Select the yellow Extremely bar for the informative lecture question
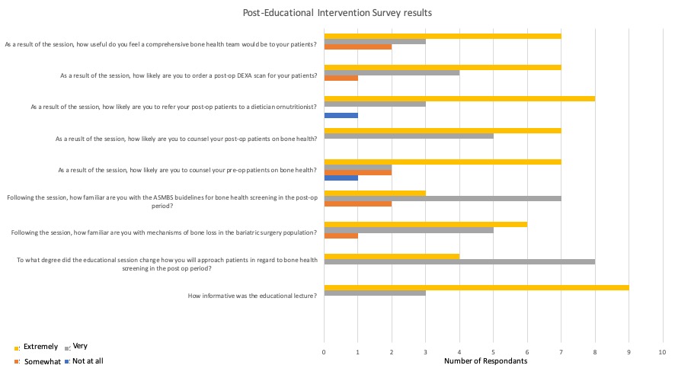pos(476,287)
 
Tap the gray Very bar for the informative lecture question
pos(375,293)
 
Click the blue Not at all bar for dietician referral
pos(341,115)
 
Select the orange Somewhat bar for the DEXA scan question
pos(341,78)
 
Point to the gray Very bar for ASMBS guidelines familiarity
pos(443,198)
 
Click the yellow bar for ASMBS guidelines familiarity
pos(375,193)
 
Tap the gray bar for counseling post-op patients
pos(408,136)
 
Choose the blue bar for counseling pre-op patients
pos(341,178)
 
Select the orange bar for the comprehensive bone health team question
pos(358,46)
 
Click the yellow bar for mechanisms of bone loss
pos(425,224)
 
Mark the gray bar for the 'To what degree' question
pos(459,261)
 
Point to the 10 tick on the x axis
pos(662,352)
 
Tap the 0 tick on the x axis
pos(324,352)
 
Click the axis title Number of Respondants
pos(485,360)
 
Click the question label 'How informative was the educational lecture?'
pos(252,296)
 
